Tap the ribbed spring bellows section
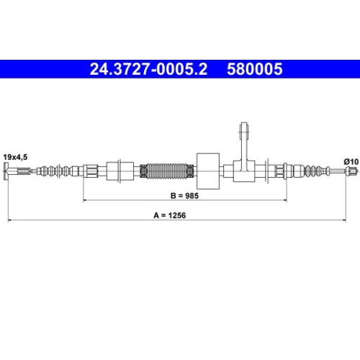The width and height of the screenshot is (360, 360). (x=168, y=171)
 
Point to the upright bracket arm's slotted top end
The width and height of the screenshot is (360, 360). (x=242, y=132)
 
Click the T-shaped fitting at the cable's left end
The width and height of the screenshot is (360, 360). (x=8, y=171)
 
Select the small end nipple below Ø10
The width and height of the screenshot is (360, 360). (x=351, y=171)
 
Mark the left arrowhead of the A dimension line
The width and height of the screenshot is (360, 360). (x=8, y=220)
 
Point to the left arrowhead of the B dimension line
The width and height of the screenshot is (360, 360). (x=86, y=200)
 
